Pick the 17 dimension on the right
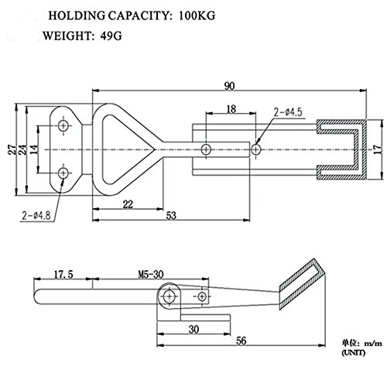[377, 147]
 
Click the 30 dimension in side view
[190, 328]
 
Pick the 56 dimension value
[241, 341]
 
